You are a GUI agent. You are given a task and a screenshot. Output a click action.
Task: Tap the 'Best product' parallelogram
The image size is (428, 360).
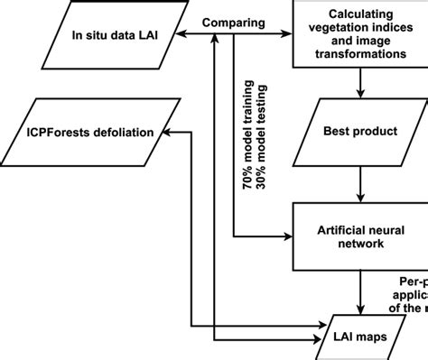click(360, 131)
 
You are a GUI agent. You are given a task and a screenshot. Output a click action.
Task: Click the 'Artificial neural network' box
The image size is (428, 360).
click(360, 237)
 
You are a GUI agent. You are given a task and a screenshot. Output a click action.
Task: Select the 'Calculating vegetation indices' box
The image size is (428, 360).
click(360, 34)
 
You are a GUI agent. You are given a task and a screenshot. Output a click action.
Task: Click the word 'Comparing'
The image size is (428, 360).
click(232, 22)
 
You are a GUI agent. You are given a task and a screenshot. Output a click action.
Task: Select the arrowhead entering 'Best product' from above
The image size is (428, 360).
click(360, 95)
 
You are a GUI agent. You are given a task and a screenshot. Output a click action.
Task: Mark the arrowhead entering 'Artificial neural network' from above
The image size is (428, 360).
click(360, 199)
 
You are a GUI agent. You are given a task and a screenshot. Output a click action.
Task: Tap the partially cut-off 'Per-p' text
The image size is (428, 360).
click(413, 281)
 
